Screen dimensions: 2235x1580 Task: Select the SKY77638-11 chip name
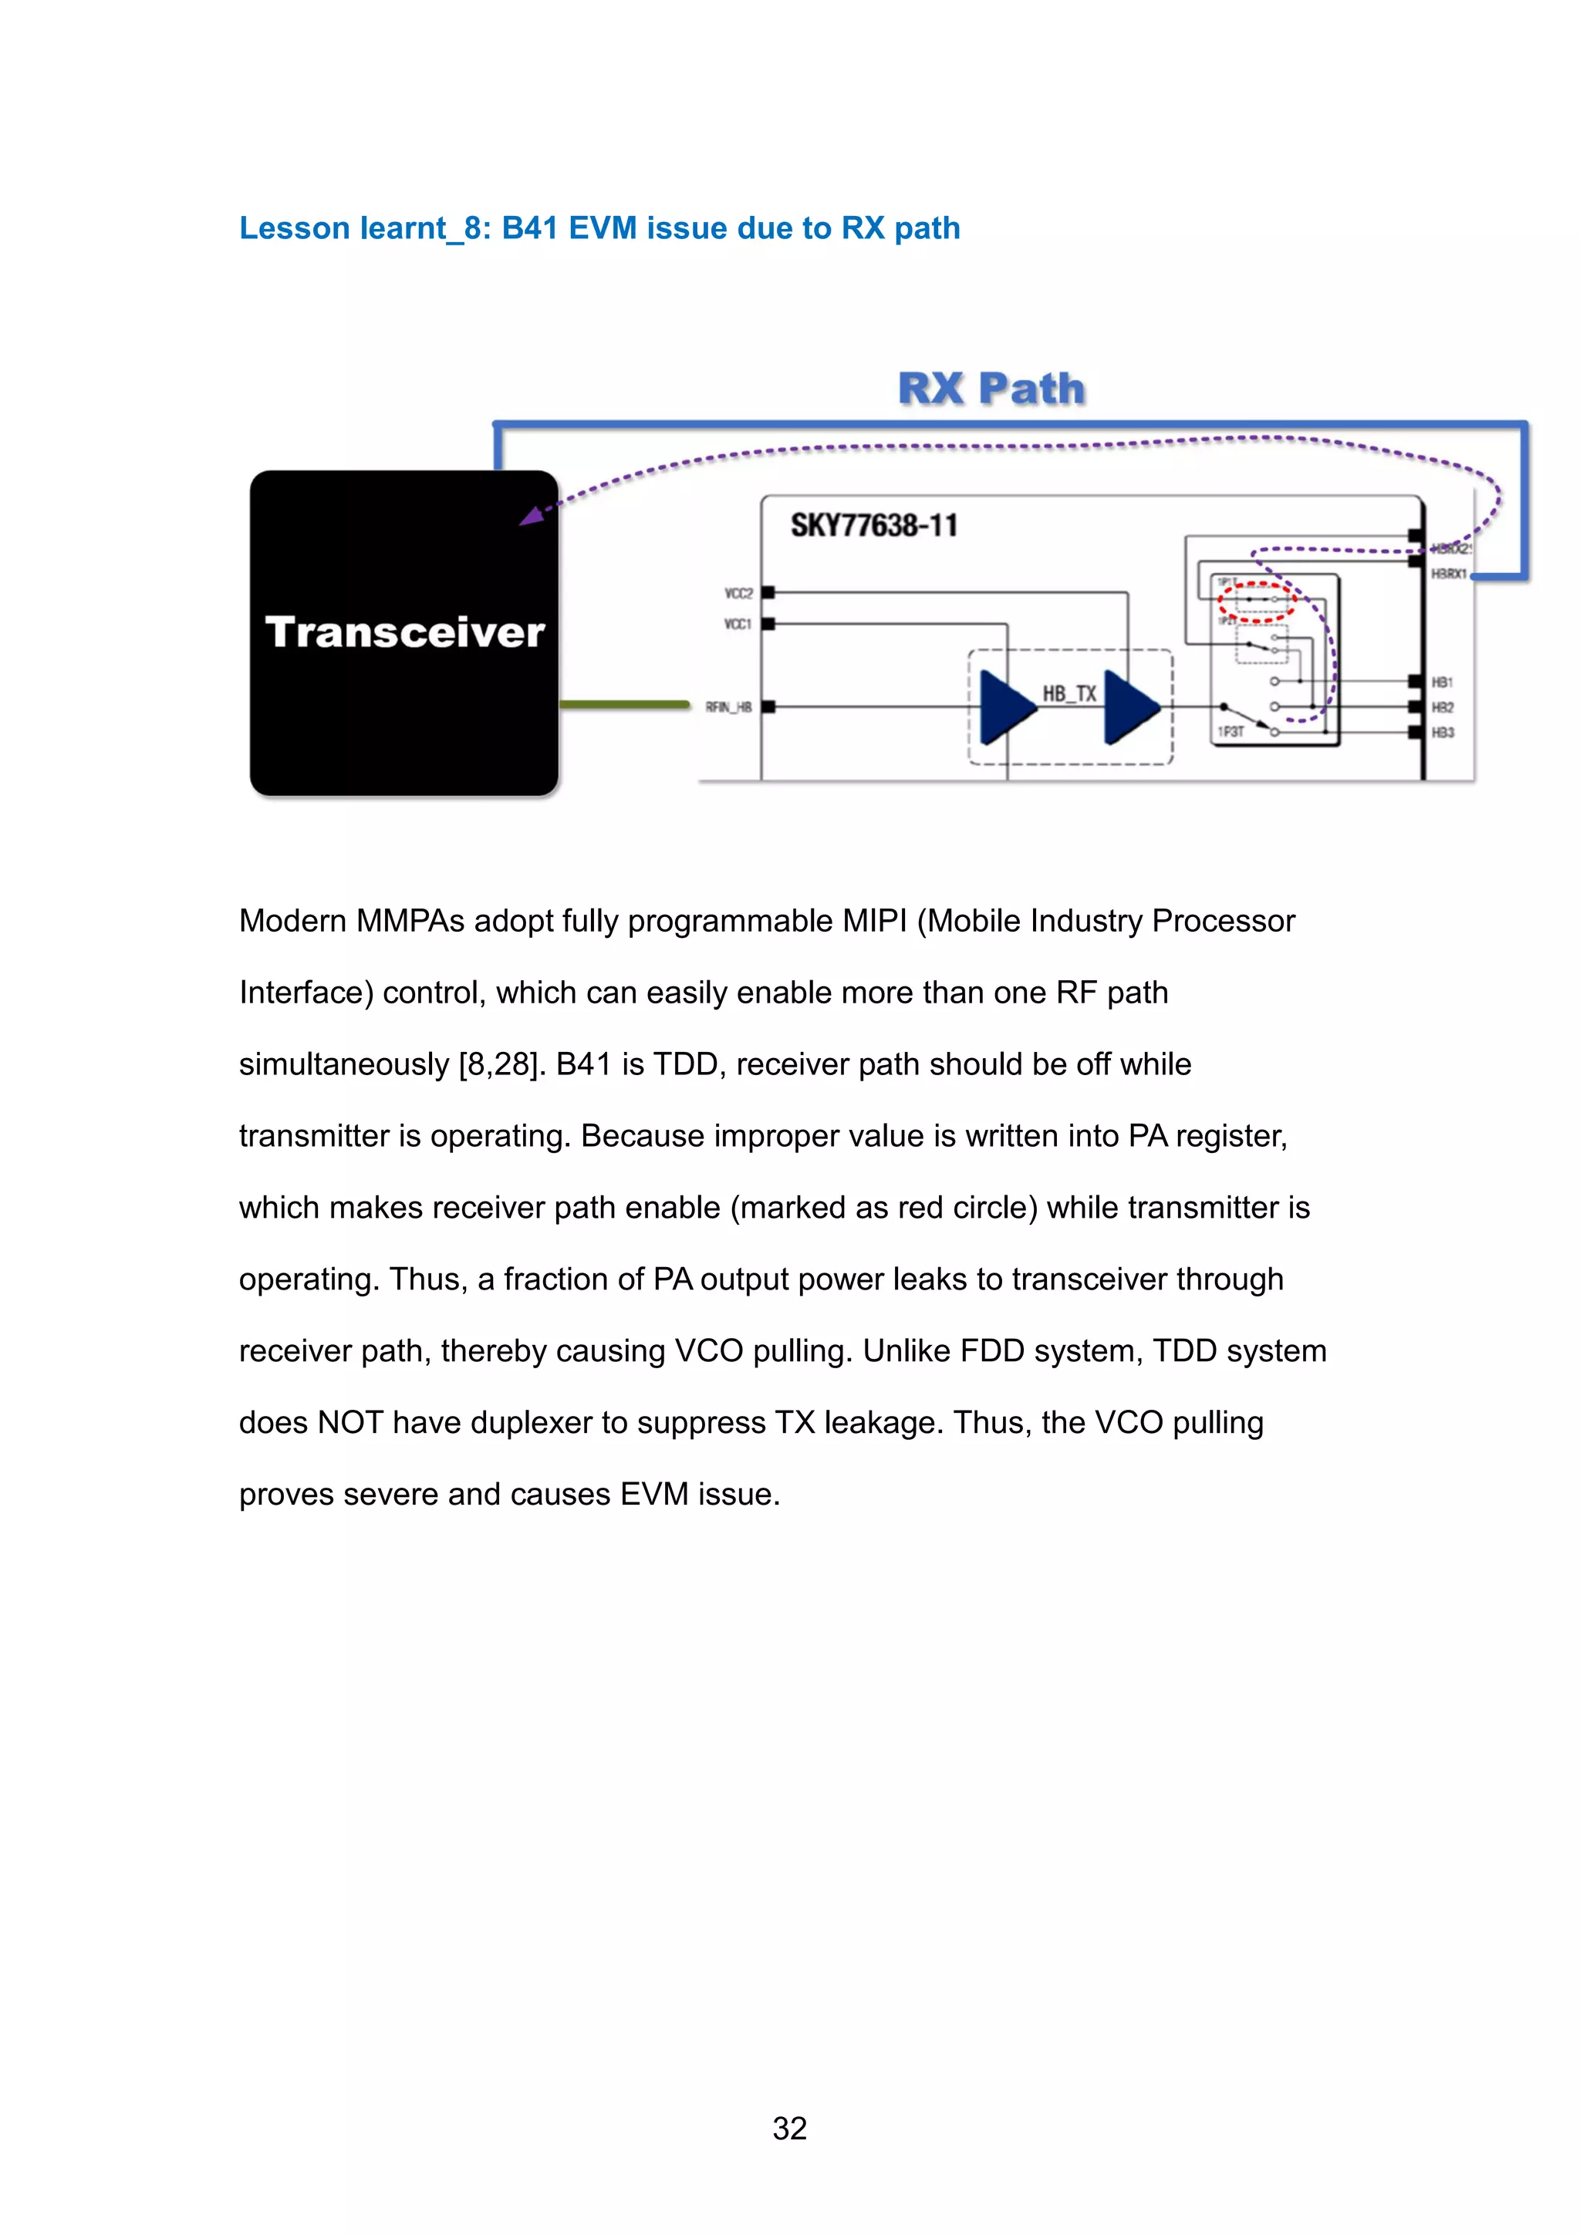click(x=873, y=526)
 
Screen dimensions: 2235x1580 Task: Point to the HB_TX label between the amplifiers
click(x=1069, y=693)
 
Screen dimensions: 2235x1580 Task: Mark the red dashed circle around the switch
click(x=1256, y=602)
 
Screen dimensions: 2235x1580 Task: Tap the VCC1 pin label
click(x=737, y=624)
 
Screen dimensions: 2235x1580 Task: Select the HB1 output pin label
click(x=1442, y=683)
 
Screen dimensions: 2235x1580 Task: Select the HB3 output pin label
click(x=1442, y=733)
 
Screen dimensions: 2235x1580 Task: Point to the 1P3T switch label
click(x=1230, y=731)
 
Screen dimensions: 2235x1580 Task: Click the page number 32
click(x=789, y=2128)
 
